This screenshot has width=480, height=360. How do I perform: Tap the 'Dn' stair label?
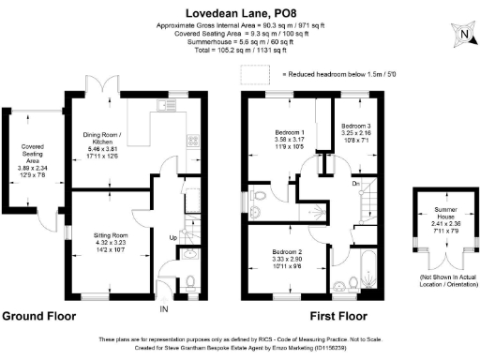pyautogui.click(x=356, y=184)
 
